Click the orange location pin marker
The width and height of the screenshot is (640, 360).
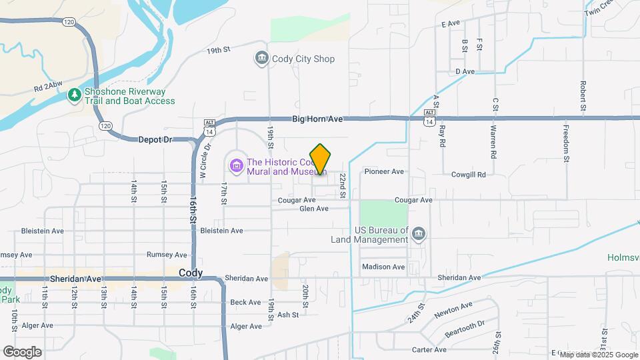coord(321,159)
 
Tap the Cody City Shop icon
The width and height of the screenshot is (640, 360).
coord(261,59)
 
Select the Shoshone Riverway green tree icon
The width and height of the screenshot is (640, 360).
coord(75,96)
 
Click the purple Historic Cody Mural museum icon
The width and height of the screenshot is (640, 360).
coord(235,165)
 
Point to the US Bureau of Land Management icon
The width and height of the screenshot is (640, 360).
coord(418,233)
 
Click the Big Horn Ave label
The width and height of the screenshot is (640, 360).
coord(317,119)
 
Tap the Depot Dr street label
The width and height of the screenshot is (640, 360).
coord(155,139)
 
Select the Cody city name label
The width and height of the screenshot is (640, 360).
coord(191,273)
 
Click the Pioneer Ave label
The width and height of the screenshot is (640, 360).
coord(384,171)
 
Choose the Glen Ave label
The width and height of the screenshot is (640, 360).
coord(313,209)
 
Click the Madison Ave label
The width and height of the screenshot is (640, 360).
coord(383,267)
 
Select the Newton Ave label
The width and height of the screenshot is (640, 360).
coord(453,309)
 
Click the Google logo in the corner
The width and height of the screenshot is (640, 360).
coord(22,352)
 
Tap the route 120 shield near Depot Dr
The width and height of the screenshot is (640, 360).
coord(104,125)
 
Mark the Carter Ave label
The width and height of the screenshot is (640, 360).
coord(429,349)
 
